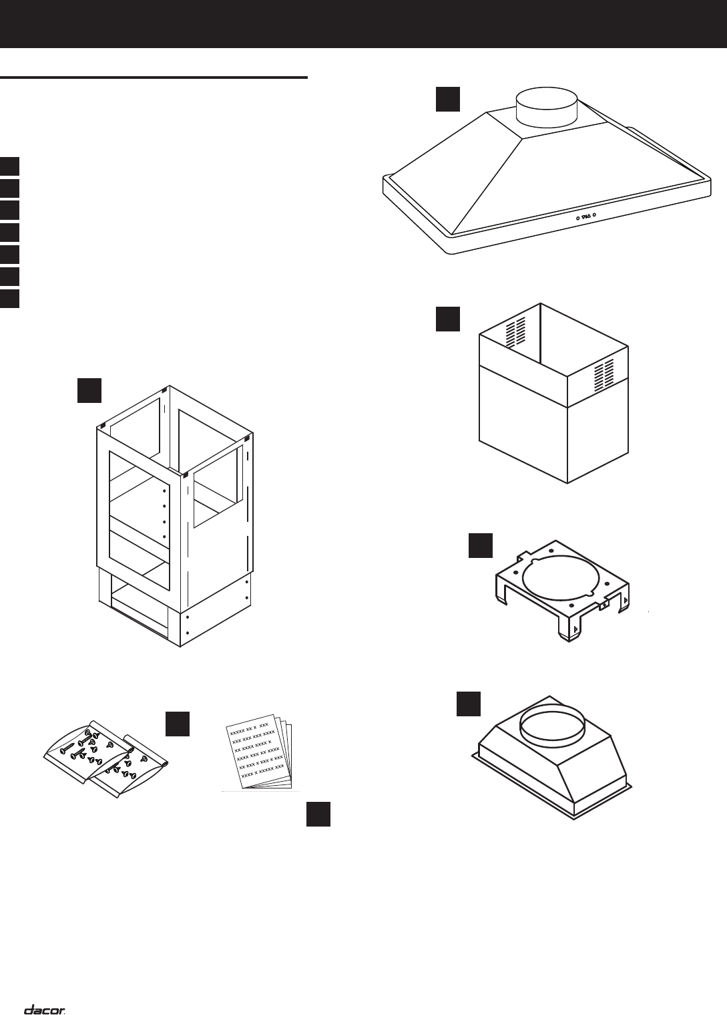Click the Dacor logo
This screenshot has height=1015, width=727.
45,992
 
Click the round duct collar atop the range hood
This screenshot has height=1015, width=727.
547,108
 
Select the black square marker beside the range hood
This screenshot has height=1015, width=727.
448,98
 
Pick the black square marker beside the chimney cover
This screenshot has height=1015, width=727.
448,319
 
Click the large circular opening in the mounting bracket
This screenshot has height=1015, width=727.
558,579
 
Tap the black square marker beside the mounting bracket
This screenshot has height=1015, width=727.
481,545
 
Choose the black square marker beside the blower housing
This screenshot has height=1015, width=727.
469,704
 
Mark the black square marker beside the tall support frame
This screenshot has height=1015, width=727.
89,390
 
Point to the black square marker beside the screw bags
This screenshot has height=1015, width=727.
178,724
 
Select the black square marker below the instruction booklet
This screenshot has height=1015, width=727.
318,814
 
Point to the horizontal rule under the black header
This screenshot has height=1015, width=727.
154,78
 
